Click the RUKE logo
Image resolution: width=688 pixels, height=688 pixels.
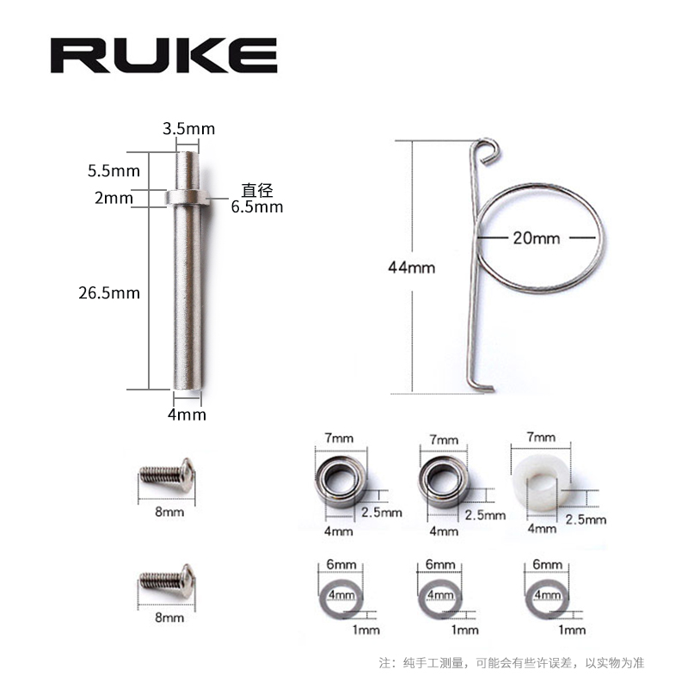tap(163, 54)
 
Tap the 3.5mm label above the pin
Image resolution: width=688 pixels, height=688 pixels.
tap(188, 129)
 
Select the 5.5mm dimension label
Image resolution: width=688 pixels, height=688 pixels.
tap(114, 171)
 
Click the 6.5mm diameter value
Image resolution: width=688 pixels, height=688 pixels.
tap(256, 206)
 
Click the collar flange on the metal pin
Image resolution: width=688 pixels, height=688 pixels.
tap(187, 198)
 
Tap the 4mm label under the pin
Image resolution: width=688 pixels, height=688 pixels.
tap(187, 415)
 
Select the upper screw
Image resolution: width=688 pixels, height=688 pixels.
tap(166, 475)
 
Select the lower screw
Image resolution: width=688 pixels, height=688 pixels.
tap(166, 582)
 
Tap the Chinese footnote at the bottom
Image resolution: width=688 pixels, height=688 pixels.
tap(512, 663)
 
